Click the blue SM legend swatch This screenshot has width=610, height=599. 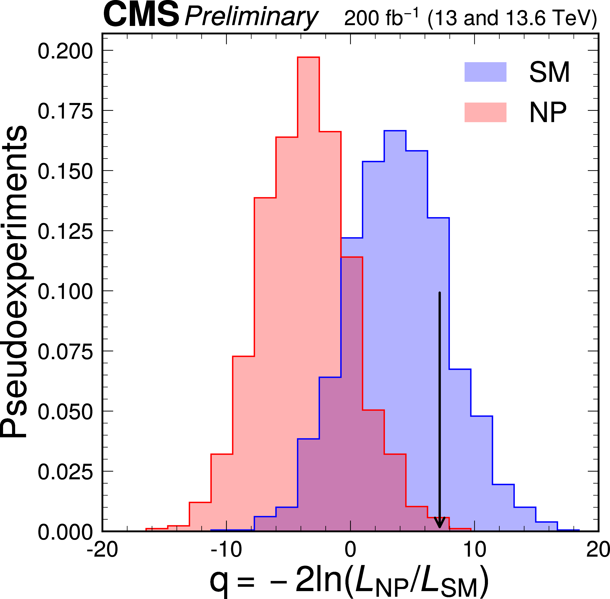click(x=485, y=72)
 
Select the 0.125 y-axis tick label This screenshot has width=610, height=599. click(x=65, y=232)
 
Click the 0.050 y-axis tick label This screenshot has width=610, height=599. click(x=65, y=412)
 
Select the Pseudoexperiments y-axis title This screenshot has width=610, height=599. click(x=14, y=282)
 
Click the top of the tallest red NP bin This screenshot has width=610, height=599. click(x=308, y=58)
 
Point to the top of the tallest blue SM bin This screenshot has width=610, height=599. click(x=395, y=131)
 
